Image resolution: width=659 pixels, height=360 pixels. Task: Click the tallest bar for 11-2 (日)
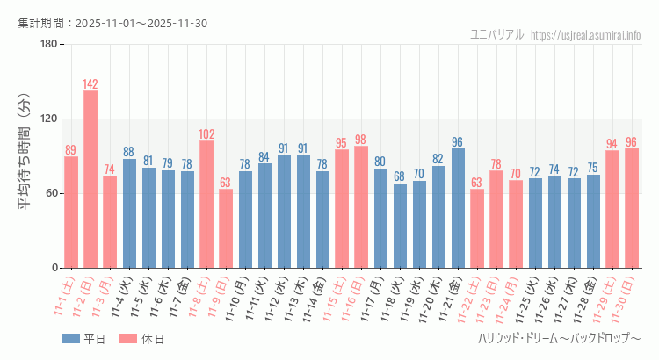91,179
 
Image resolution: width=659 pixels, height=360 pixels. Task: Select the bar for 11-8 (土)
206,204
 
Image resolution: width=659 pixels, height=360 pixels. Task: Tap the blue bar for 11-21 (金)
458,208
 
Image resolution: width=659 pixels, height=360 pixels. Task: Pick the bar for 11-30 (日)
632,208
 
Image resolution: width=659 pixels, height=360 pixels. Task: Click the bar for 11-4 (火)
129,213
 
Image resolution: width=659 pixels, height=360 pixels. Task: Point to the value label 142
91,84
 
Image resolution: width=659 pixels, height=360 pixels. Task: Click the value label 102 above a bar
206,134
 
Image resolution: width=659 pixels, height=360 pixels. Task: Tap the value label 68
400,176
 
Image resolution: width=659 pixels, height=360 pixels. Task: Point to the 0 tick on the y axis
54,268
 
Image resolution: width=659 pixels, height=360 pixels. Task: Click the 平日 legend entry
83,339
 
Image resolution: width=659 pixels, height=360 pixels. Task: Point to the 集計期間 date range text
112,23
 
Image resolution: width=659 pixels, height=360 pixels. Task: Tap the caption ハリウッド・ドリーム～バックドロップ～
559,339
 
